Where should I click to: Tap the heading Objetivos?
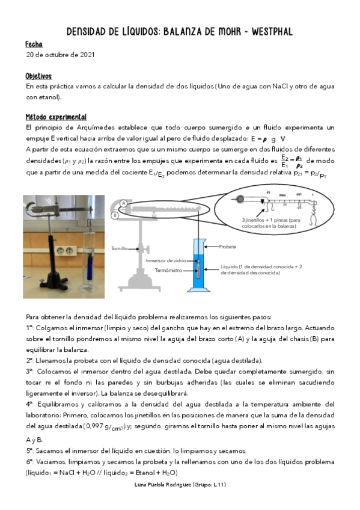38,76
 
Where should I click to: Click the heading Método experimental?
56,117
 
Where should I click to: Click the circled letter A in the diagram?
123,204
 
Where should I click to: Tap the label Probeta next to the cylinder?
227,247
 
